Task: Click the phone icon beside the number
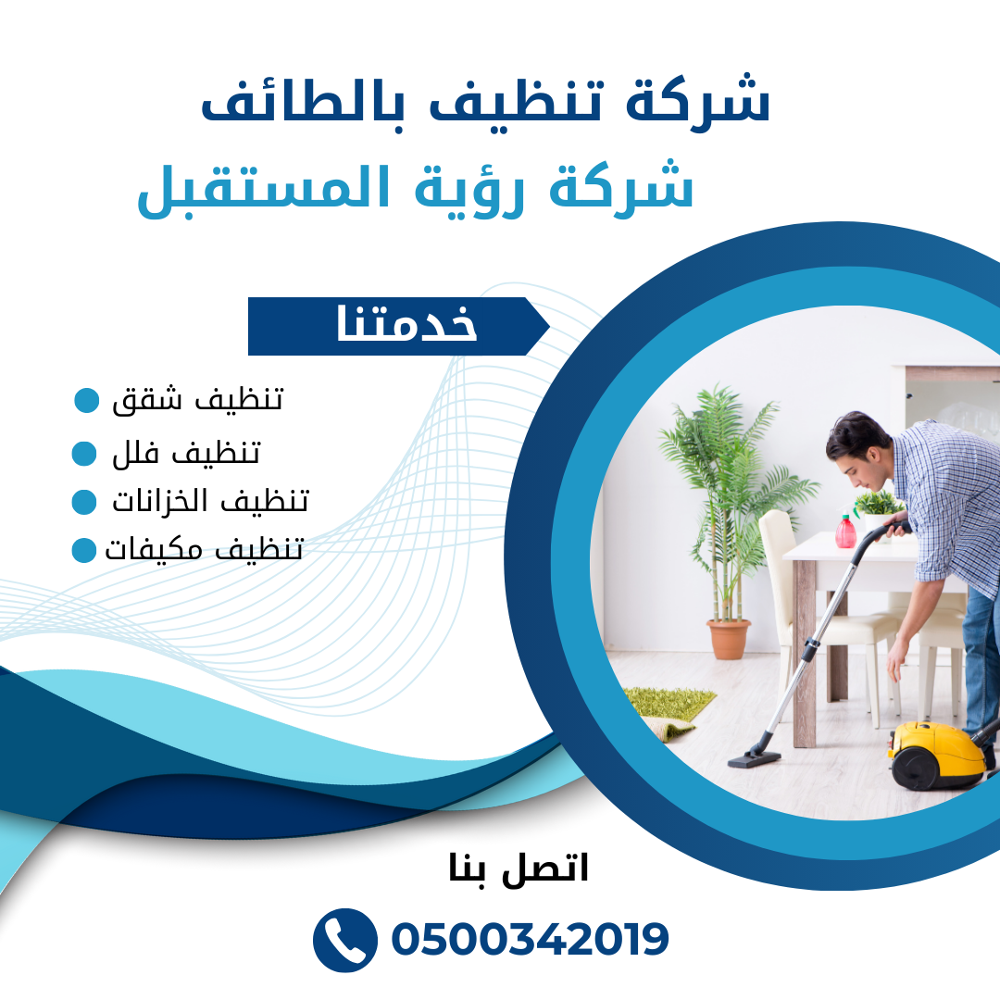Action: click(x=345, y=940)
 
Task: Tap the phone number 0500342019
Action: click(x=530, y=940)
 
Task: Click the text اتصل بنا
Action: click(x=518, y=869)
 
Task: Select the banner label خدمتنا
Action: click(x=406, y=325)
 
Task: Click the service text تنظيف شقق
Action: click(x=197, y=401)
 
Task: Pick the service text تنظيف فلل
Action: click(x=186, y=453)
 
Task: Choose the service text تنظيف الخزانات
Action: click(x=210, y=501)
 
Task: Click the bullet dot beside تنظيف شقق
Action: click(x=87, y=401)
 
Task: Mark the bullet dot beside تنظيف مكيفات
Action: click(x=84, y=550)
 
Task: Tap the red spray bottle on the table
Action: click(x=845, y=531)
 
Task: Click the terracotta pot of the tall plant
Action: click(x=729, y=639)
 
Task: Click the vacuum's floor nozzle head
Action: click(x=755, y=758)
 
